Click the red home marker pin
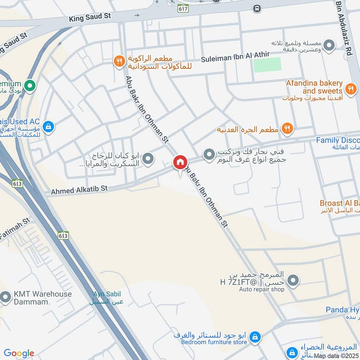tap(180, 163)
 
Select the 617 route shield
tap(183, 9)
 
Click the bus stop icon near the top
tap(257, 8)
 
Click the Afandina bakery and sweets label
tap(314, 87)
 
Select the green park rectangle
tap(267, 64)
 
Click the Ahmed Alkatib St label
tap(79, 191)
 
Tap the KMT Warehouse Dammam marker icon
tap(5, 297)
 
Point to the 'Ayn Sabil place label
tap(107, 297)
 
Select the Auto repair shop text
tap(261, 289)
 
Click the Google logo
tap(19, 353)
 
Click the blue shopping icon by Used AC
tap(49, 127)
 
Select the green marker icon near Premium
tap(30, 85)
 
